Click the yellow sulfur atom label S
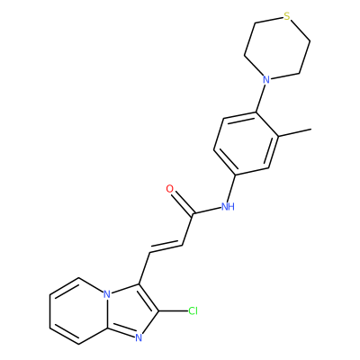click(287, 16)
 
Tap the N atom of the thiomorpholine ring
click(265, 79)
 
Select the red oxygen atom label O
click(170, 189)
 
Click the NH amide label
click(228, 206)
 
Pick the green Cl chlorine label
click(193, 311)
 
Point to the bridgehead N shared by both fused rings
click(107, 294)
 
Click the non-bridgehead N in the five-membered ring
click(139, 338)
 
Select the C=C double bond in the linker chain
click(166, 247)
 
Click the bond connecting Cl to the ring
click(173, 311)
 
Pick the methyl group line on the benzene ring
click(294, 133)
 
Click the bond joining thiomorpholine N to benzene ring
click(260, 98)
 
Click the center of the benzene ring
click(246, 143)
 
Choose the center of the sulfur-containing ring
click(277, 48)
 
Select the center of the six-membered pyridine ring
click(78, 310)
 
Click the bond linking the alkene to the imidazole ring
click(145, 268)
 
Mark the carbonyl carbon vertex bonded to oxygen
click(193, 213)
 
